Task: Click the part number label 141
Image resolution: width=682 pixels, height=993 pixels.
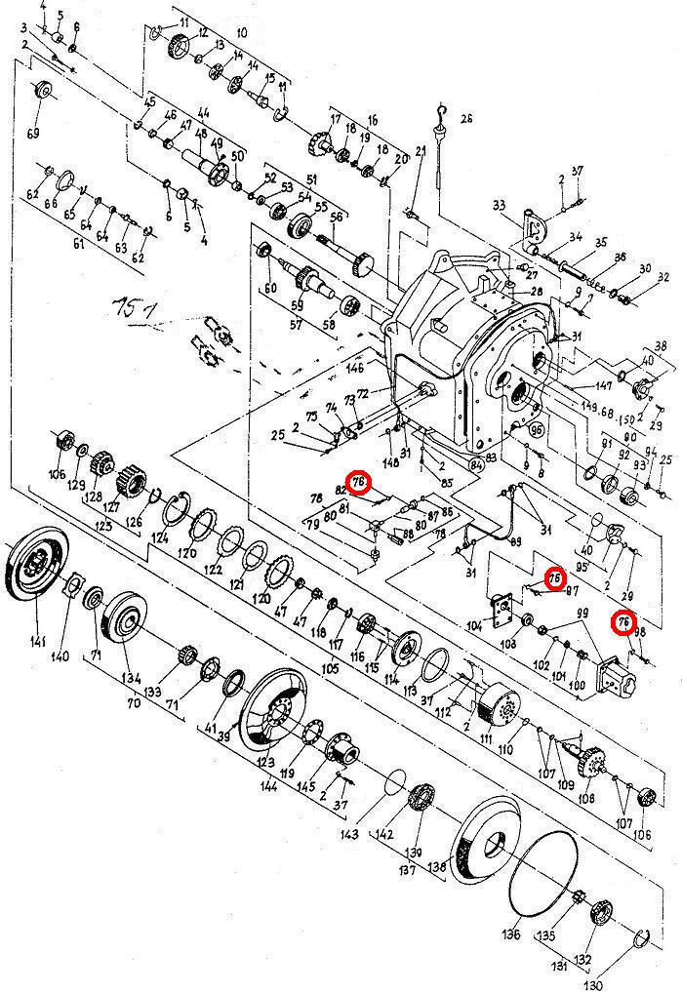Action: tap(37, 641)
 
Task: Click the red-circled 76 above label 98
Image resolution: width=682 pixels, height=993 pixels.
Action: tap(622, 620)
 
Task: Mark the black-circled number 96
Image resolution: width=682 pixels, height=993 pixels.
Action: tap(535, 428)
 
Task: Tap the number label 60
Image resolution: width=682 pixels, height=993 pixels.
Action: tap(270, 289)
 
